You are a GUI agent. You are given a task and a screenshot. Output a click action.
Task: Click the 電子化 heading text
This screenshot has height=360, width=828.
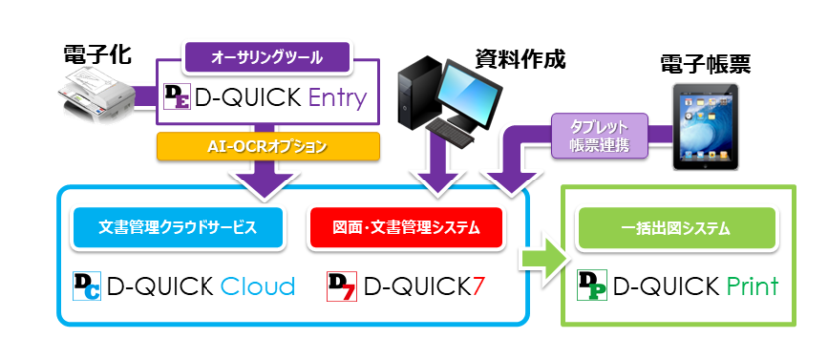point(92,53)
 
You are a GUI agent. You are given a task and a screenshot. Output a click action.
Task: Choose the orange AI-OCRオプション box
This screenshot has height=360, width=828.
point(267,146)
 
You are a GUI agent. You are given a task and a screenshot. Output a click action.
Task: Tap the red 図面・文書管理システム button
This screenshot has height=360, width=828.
point(405,227)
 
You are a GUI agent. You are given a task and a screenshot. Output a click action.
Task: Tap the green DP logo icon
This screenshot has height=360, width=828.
point(592,287)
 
